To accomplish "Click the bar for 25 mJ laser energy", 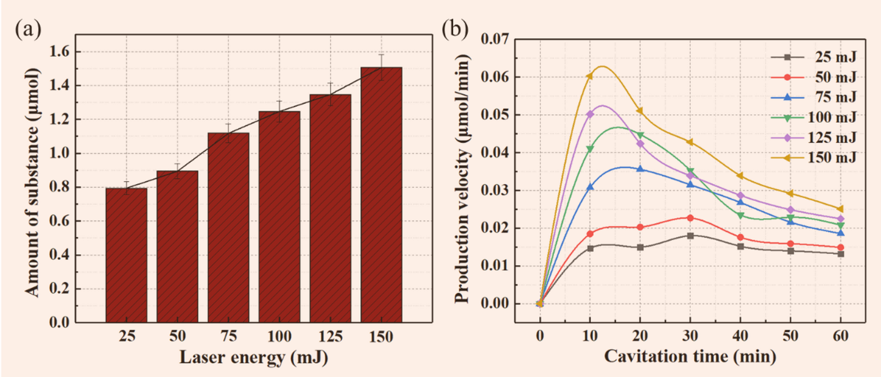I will (x=126, y=255).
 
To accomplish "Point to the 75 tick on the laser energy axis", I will (x=228, y=336).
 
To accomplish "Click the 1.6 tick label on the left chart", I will (x=59, y=52).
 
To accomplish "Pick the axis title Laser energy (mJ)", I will (x=253, y=357).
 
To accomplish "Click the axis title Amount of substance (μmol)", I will (x=32, y=182).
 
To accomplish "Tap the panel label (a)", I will (x=28, y=29).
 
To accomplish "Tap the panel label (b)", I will (x=455, y=29).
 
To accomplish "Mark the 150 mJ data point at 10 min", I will (x=589, y=76).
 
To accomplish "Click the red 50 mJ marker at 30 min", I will (x=690, y=218).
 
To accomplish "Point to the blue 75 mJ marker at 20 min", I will (x=640, y=169).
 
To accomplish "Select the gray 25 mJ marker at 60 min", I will (x=841, y=254).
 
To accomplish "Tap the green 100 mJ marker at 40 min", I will (x=740, y=216).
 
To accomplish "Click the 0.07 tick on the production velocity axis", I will (x=494, y=39).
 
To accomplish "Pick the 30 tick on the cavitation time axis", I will (x=690, y=336).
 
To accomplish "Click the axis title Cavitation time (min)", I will (x=690, y=356).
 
